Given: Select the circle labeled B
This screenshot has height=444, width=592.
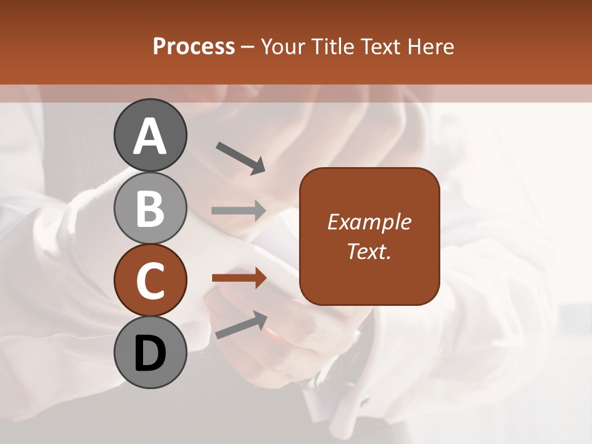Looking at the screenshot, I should coord(150,208).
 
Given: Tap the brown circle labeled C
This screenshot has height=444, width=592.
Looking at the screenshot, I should coord(150,280).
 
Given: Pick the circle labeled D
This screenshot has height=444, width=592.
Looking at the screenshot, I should coord(150,352).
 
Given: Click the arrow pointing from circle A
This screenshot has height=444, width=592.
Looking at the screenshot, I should coord(240,157).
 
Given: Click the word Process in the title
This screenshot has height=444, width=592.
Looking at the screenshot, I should coord(194,46).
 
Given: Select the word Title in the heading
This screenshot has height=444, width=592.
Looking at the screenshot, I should coord(329,46).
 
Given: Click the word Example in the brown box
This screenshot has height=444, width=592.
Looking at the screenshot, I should coord(369,222).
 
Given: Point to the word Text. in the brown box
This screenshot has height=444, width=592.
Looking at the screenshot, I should coord(369,251).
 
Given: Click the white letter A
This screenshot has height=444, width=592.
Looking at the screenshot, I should coord(150,137).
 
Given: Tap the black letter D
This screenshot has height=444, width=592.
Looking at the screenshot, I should coord(150,353).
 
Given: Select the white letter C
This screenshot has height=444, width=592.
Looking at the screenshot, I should coord(150,281).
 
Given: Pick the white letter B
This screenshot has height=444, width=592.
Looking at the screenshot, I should coord(150,208).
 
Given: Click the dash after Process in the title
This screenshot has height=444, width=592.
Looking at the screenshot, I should coord(248,47).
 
